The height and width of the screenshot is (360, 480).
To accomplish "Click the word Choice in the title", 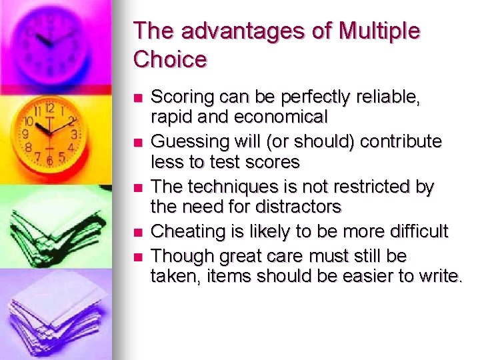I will [x=171, y=59].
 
